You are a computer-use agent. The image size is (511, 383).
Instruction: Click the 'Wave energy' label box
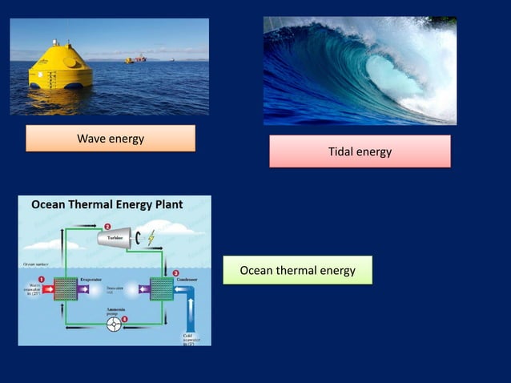click(111, 139)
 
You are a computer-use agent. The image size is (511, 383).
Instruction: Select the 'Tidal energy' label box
click(360, 151)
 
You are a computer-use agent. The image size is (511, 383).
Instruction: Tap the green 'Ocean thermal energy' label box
click(297, 271)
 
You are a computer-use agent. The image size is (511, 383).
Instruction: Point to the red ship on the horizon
click(141, 58)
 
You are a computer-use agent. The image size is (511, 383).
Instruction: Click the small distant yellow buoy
click(127, 60)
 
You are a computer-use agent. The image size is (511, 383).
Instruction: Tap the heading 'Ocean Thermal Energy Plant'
click(107, 205)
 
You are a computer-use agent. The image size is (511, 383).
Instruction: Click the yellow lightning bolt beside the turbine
click(151, 238)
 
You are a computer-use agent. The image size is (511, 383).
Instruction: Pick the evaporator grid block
click(63, 288)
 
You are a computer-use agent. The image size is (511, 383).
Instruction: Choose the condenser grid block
click(162, 288)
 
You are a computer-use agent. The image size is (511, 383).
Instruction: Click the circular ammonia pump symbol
click(117, 324)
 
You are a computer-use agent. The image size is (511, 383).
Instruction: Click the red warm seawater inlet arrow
click(39, 288)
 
